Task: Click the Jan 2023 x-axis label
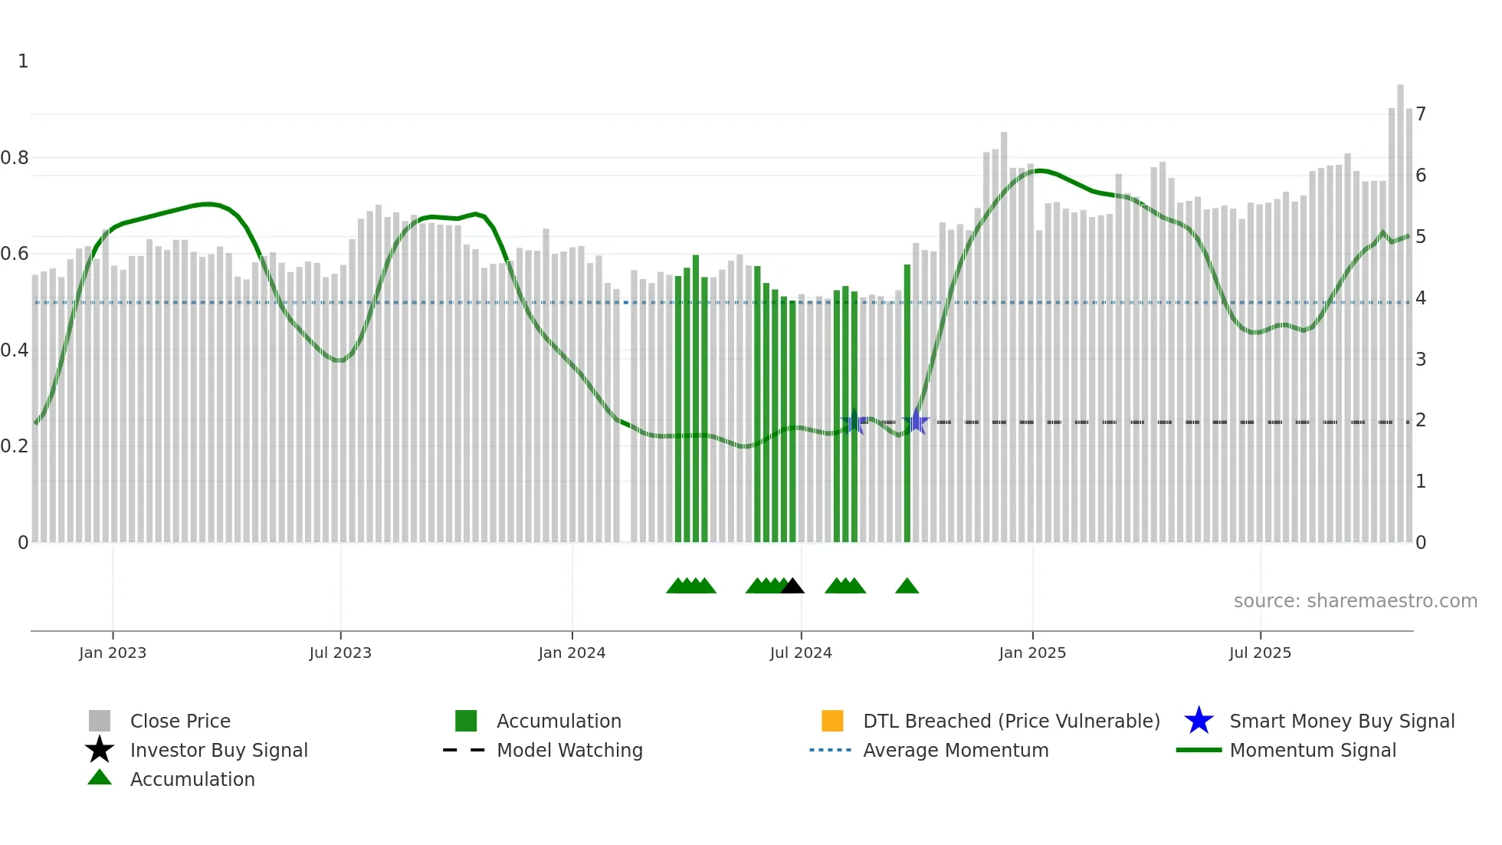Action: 113,653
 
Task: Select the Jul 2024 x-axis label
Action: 801,653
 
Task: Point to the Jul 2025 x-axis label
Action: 1260,653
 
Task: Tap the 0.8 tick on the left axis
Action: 15,158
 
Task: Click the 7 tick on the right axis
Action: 1421,114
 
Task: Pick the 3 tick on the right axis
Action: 1421,359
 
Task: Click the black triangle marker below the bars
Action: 792,587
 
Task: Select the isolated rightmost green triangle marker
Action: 907,587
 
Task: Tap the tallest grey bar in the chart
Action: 1400,307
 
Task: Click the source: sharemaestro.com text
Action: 1355,601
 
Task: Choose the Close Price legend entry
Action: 180,721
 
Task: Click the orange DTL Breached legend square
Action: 832,721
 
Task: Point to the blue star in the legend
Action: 1199,721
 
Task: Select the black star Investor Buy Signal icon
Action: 100,750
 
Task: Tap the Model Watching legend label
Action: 569,750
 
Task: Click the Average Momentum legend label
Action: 956,750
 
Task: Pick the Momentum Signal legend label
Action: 1313,750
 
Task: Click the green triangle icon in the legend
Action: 100,778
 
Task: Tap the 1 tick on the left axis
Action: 23,61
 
